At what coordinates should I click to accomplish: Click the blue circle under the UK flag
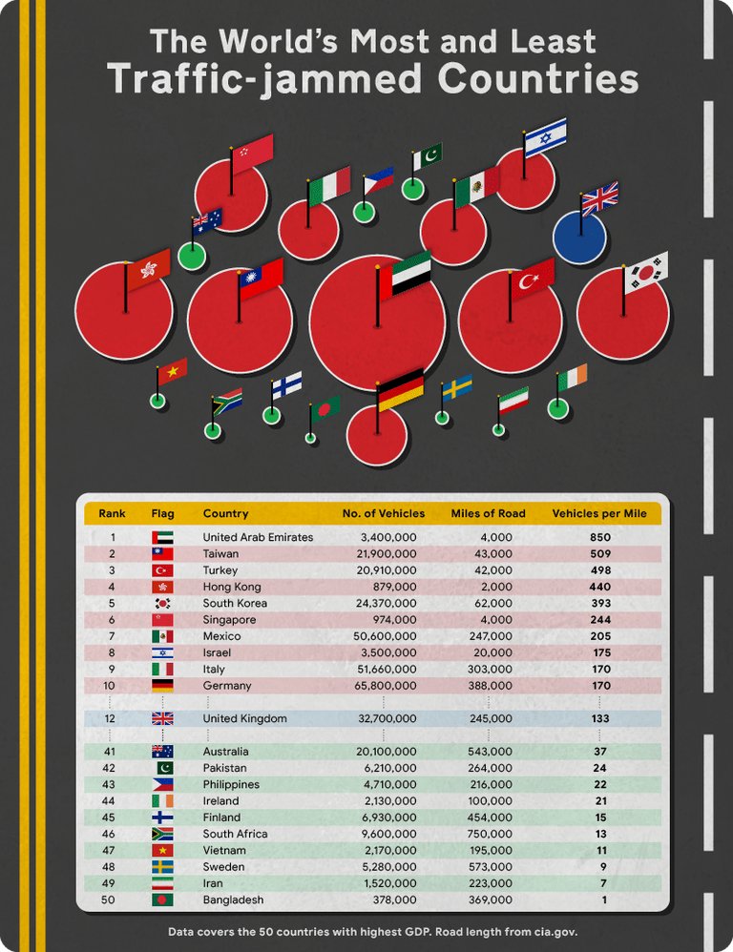click(578, 238)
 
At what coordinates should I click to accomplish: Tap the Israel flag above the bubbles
click(545, 138)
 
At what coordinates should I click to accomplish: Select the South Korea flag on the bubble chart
click(646, 273)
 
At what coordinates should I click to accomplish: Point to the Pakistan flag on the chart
click(427, 156)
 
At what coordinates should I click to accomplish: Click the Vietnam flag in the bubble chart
click(172, 371)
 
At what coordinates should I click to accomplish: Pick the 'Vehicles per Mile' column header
click(599, 513)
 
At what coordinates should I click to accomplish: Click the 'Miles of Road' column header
click(488, 513)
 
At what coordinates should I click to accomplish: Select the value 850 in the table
click(599, 537)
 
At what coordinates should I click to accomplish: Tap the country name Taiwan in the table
click(220, 553)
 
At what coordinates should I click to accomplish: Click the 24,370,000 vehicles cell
click(385, 603)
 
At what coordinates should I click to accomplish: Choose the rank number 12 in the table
click(112, 718)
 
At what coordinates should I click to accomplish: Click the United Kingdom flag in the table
click(162, 718)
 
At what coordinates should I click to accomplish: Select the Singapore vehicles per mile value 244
click(599, 619)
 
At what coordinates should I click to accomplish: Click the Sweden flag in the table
click(162, 867)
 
